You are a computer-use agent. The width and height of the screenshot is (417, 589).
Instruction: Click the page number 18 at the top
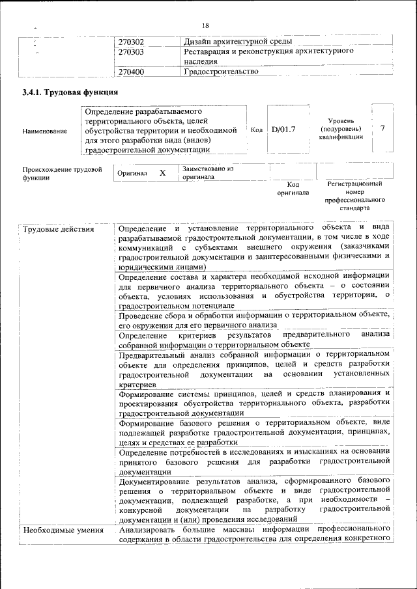tap(205, 25)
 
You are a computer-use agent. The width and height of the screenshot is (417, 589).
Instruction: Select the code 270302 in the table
tap(131, 42)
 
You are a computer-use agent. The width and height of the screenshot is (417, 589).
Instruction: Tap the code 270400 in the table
tap(131, 72)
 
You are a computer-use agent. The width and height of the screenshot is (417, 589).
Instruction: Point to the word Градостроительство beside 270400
tap(222, 72)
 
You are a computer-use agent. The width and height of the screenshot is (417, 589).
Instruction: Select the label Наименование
tap(44, 131)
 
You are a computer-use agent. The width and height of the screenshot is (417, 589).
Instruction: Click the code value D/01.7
tap(283, 130)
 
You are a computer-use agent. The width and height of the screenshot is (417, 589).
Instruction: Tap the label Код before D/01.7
tap(257, 130)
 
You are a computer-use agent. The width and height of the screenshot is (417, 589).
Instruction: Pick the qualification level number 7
tap(382, 128)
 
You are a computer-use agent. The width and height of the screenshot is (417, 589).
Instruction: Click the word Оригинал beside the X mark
tap(132, 174)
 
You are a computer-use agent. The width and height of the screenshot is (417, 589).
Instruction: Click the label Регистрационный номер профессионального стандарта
tap(354, 197)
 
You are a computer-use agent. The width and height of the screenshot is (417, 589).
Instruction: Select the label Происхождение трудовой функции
tap(62, 173)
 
